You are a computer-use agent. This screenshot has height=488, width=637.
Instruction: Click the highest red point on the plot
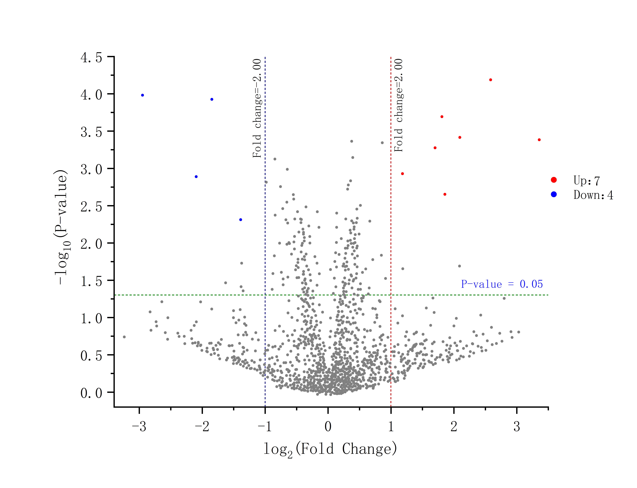(490, 80)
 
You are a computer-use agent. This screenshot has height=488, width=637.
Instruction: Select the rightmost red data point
(539, 140)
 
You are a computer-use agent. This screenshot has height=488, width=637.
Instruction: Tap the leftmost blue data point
(143, 95)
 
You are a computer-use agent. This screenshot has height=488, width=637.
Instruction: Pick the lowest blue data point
(241, 220)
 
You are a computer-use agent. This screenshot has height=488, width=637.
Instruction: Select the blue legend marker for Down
(554, 194)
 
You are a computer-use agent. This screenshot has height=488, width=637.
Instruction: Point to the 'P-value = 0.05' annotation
(502, 284)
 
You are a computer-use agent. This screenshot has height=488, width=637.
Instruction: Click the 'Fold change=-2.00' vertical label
(257, 108)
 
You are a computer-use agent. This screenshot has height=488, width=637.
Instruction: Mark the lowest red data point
(445, 194)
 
